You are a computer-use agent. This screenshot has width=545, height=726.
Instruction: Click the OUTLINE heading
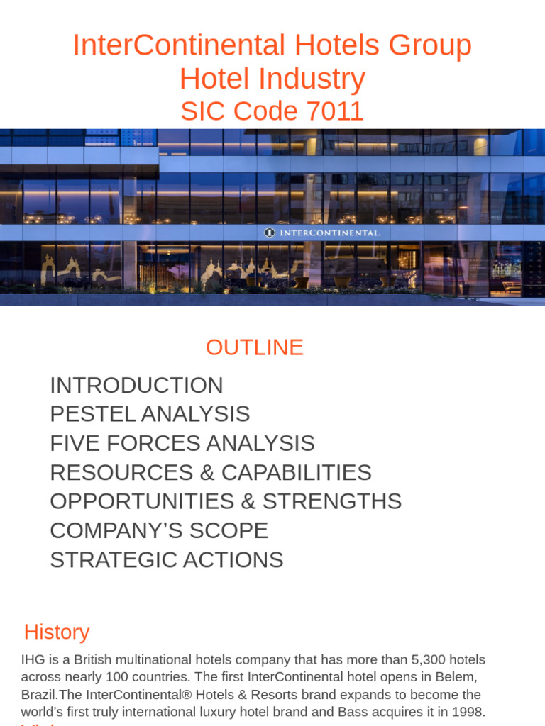(254, 347)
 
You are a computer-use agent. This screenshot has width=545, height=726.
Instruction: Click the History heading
(57, 632)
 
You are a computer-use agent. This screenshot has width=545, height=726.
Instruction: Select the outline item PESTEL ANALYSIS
(150, 414)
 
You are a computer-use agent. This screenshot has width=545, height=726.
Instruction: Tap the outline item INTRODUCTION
(136, 386)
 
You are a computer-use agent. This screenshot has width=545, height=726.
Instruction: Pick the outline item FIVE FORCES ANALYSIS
(182, 443)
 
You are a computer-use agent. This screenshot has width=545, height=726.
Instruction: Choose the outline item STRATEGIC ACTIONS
(166, 559)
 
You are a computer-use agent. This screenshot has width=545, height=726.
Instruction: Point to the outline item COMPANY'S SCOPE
(159, 530)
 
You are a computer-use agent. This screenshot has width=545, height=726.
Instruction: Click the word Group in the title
(433, 46)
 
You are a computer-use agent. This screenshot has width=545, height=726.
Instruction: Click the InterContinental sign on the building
(323, 232)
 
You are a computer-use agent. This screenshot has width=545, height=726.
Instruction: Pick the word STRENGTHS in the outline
(332, 501)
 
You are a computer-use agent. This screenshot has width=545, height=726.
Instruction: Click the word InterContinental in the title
(180, 46)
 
